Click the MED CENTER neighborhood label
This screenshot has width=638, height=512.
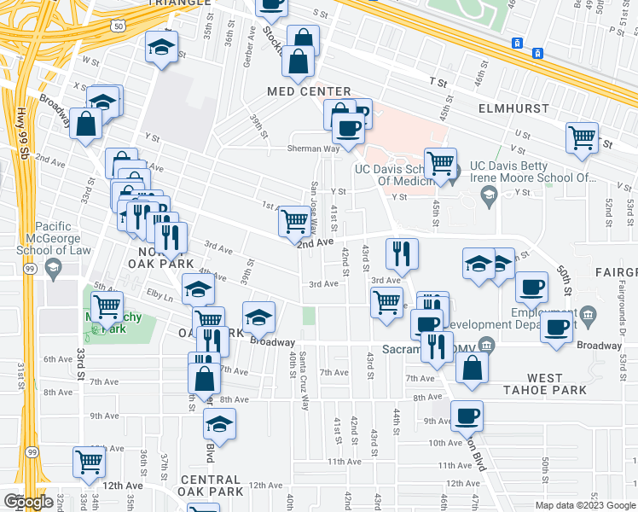(x=309, y=91)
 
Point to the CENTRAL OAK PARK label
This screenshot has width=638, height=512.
(x=212, y=492)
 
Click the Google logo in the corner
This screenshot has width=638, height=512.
(x=28, y=502)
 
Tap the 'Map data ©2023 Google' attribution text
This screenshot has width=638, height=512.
(x=585, y=505)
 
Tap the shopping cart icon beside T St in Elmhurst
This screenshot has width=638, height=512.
(x=582, y=137)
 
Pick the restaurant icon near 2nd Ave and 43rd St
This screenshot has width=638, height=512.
(x=401, y=252)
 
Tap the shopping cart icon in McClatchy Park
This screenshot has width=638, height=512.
(x=107, y=305)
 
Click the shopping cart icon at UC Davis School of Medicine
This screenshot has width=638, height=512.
(x=440, y=162)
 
